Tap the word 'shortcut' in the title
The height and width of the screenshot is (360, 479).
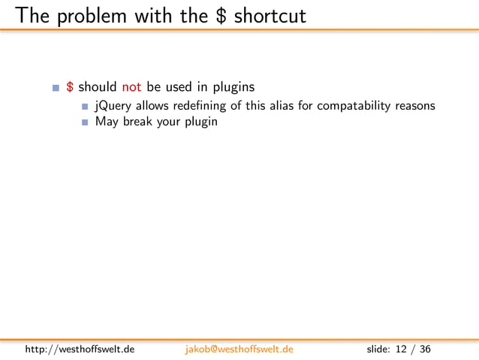(x=270, y=15)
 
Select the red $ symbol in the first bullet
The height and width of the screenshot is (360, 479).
(x=69, y=87)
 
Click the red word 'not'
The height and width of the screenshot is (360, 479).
(x=131, y=87)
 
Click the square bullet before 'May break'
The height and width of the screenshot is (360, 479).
(x=86, y=122)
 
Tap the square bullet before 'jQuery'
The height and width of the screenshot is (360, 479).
(x=86, y=106)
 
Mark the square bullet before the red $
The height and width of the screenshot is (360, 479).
(x=56, y=88)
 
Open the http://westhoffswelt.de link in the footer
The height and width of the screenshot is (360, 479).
(x=80, y=349)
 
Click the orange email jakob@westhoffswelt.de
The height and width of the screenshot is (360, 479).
(x=239, y=349)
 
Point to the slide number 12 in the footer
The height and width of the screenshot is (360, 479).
(x=402, y=349)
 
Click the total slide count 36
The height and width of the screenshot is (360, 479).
(x=426, y=349)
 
